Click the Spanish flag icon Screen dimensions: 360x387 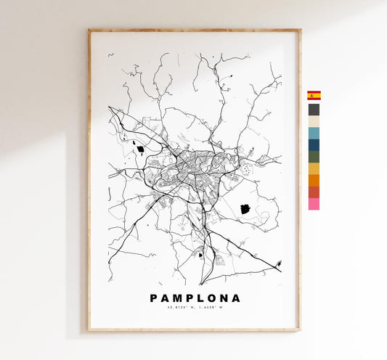pyautogui.click(x=314, y=95)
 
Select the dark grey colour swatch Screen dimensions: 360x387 pyautogui.click(x=314, y=110)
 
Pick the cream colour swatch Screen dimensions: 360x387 pyautogui.click(x=314, y=122)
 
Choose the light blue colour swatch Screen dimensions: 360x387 pyautogui.click(x=314, y=134)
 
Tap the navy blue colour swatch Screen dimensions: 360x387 pyautogui.click(x=314, y=145)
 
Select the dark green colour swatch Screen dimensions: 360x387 pyautogui.click(x=314, y=157)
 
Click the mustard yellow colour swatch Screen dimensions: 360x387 pyautogui.click(x=314, y=168)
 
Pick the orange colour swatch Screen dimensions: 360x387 pyautogui.click(x=314, y=180)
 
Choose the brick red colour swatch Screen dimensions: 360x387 pyautogui.click(x=314, y=192)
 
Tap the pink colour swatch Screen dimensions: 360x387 pyautogui.click(x=314, y=204)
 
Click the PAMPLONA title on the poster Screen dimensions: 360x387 pyautogui.click(x=195, y=298)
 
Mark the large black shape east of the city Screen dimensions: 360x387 pyautogui.click(x=245, y=209)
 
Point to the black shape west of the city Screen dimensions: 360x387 pyautogui.click(x=139, y=150)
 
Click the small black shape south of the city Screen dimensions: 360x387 pyautogui.click(x=201, y=255)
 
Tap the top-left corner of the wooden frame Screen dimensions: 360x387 pyautogui.click(x=89, y=30)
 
